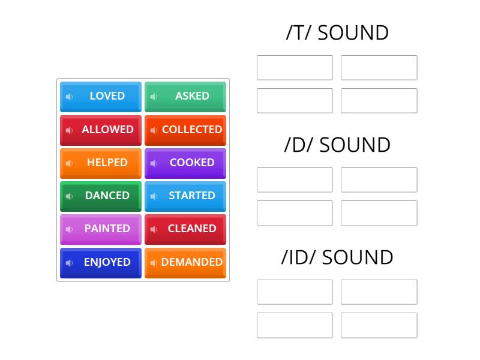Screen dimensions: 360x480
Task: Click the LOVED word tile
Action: (101, 96)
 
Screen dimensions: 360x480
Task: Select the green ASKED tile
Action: (185, 96)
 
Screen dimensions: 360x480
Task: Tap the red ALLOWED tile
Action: (101, 130)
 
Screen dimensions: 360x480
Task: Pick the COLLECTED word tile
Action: (185, 130)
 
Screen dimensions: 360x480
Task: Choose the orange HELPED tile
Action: (101, 163)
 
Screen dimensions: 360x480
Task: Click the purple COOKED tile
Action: (185, 163)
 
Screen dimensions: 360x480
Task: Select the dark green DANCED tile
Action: (101, 196)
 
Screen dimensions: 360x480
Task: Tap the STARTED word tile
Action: (185, 196)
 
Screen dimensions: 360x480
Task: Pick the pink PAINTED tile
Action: (101, 229)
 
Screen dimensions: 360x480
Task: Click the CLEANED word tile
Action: (185, 229)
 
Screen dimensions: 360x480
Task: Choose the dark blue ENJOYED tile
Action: (101, 262)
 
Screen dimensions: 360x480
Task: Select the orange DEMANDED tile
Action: (185, 262)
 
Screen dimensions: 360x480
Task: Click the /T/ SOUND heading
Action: (337, 32)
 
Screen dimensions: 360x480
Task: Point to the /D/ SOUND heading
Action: (337, 145)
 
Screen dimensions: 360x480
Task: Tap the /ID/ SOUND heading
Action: (337, 257)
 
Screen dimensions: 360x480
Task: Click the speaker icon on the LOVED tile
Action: (69, 97)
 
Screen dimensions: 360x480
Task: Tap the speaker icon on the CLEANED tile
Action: (154, 229)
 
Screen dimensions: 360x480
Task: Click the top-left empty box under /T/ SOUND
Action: (295, 68)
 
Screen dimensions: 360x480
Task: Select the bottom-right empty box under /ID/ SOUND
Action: (379, 325)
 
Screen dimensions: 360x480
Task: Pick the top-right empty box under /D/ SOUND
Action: (379, 180)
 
